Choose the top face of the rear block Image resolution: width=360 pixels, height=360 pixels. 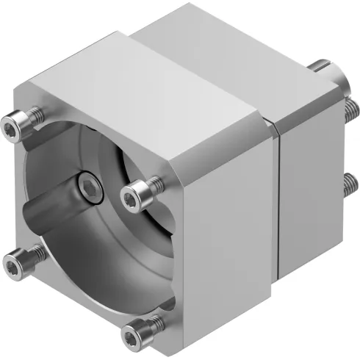[x=235, y=51]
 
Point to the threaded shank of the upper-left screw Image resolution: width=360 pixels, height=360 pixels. [x=32, y=117]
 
